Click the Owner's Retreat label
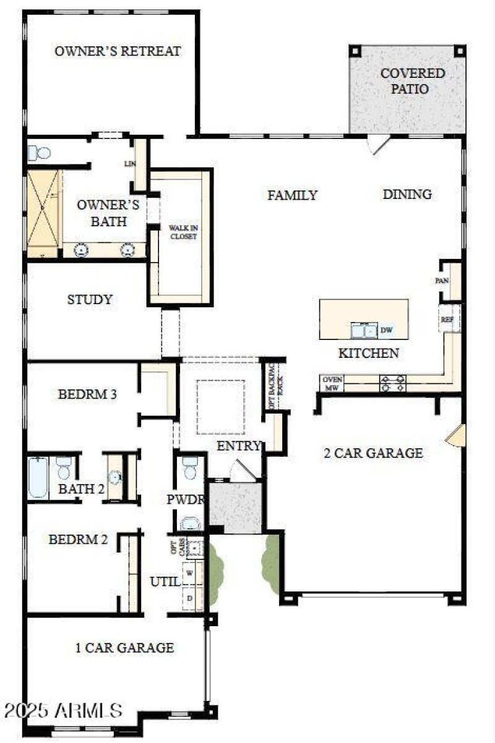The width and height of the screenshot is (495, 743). tap(118, 51)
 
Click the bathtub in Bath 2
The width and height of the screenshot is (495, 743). tap(38, 477)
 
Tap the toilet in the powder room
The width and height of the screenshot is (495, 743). tap(190, 469)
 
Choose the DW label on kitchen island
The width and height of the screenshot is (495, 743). tap(387, 331)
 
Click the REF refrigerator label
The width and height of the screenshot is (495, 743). tap(447, 320)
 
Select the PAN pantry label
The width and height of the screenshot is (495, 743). tap(442, 281)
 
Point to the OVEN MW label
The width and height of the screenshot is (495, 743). tap(332, 383)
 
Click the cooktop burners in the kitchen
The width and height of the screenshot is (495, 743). tap(392, 383)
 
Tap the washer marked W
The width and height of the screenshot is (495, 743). tap(191, 572)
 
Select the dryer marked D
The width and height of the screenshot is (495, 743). tap(191, 598)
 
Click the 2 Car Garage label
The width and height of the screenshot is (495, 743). tap(374, 453)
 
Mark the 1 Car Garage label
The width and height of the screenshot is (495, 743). tap(124, 648)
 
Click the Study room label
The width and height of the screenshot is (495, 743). tap(90, 300)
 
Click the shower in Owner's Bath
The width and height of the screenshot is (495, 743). tap(43, 213)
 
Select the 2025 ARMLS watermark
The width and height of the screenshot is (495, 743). tap(62, 710)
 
